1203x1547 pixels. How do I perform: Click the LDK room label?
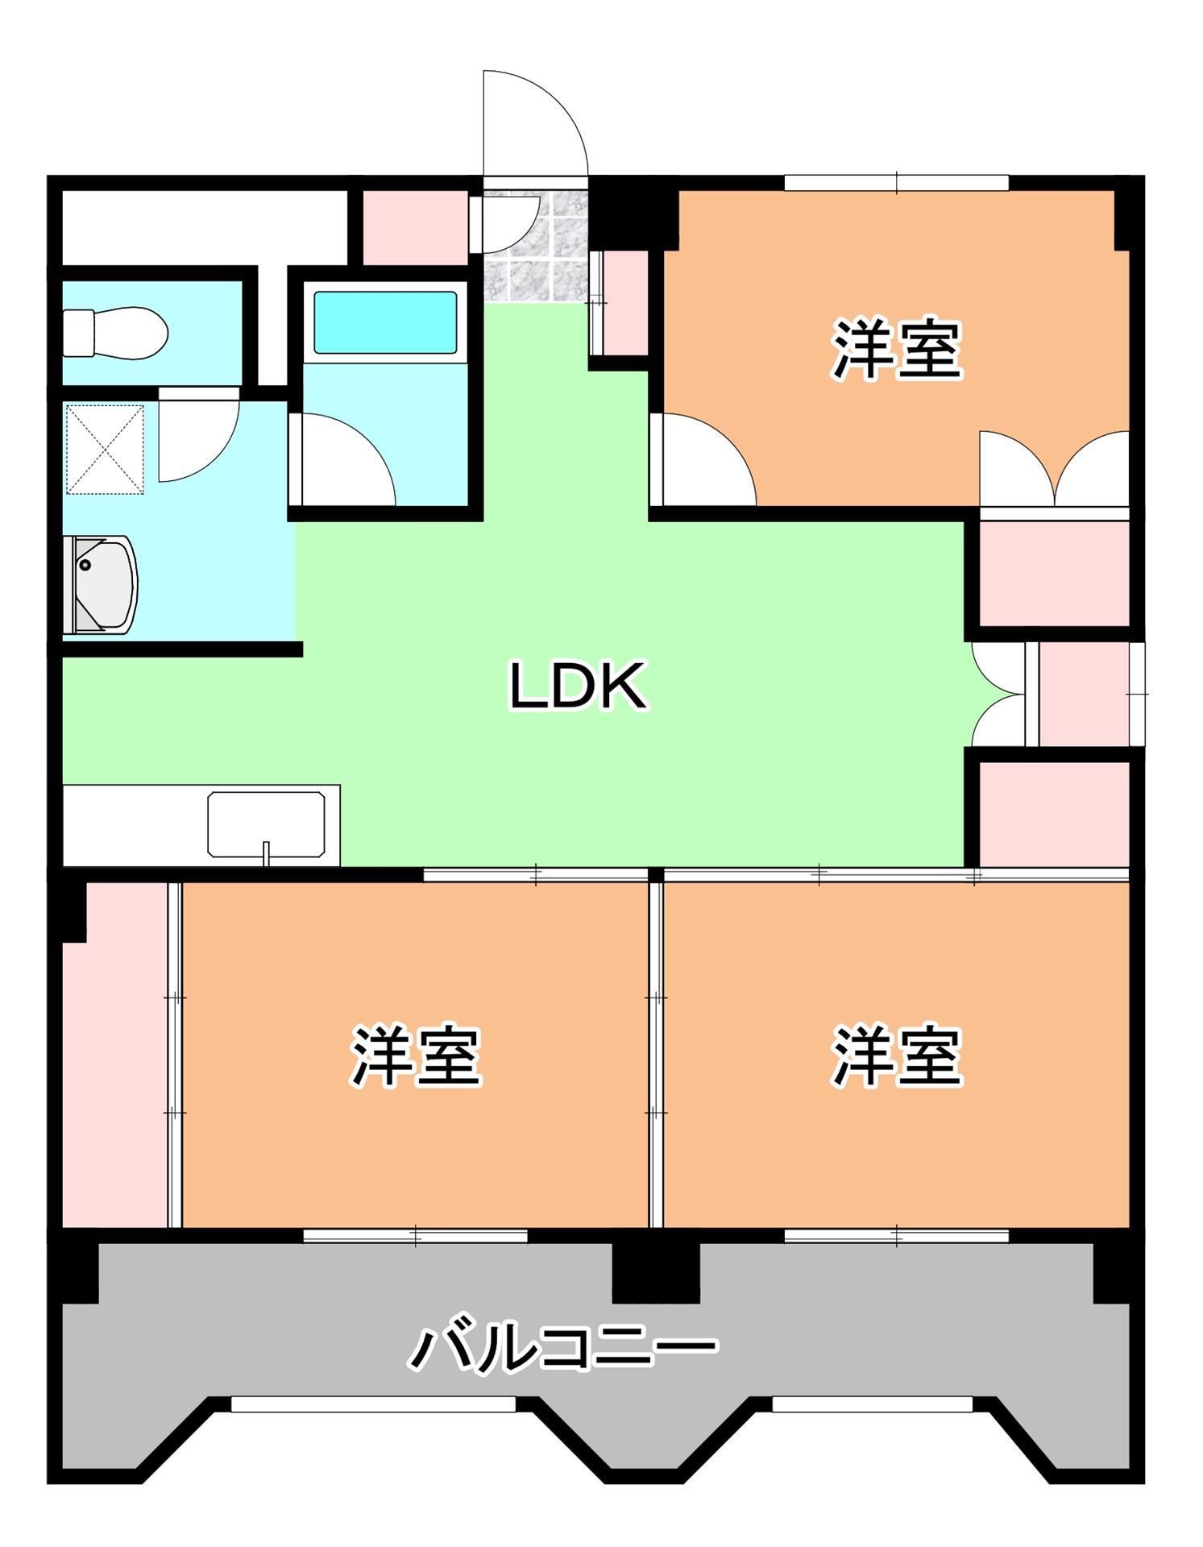pyautogui.click(x=578, y=686)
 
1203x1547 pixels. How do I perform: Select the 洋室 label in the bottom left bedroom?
pyautogui.click(x=415, y=1056)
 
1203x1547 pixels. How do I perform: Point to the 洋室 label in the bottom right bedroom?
pyautogui.click(x=897, y=1056)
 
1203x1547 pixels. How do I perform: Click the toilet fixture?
pyautogui.click(x=115, y=332)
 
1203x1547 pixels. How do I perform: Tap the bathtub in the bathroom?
pyautogui.click(x=385, y=322)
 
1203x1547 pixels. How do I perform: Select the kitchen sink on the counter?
pyautogui.click(x=266, y=823)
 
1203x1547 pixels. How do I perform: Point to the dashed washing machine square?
pyautogui.click(x=104, y=449)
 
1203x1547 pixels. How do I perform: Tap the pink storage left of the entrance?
pyautogui.click(x=414, y=226)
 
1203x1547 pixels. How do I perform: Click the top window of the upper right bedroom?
pyautogui.click(x=896, y=183)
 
